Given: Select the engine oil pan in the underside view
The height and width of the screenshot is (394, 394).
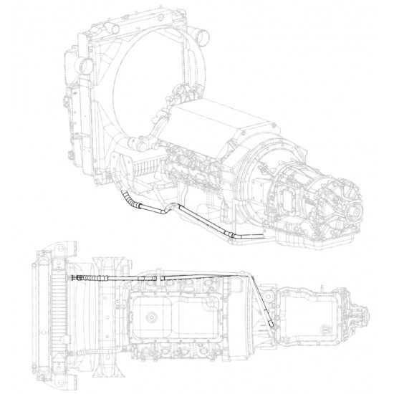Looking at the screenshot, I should coord(172,315).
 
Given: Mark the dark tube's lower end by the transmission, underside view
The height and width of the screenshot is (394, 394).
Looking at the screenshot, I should coord(273,326).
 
